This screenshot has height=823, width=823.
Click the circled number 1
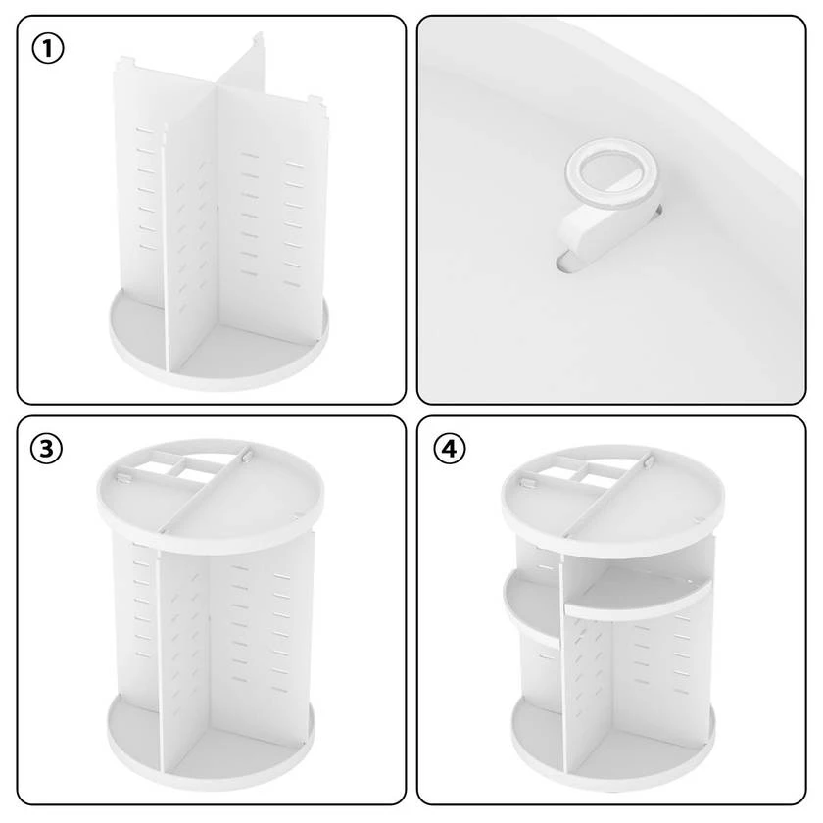[x=48, y=49]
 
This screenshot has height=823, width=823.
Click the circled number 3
[x=46, y=449]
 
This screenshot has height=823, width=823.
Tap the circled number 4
[x=450, y=449]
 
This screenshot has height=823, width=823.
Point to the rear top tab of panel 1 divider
[x=259, y=38]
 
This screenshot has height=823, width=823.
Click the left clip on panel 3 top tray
[x=123, y=477]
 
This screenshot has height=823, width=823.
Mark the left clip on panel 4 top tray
[x=526, y=482]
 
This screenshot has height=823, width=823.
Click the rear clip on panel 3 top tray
[x=246, y=456]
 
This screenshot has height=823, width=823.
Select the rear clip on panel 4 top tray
[x=650, y=461]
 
